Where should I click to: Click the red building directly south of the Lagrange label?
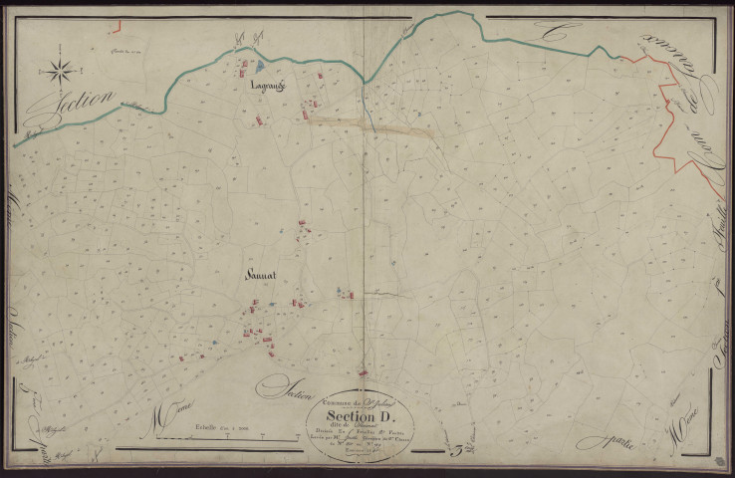point(263,119)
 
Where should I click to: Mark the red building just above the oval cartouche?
point(367,373)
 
